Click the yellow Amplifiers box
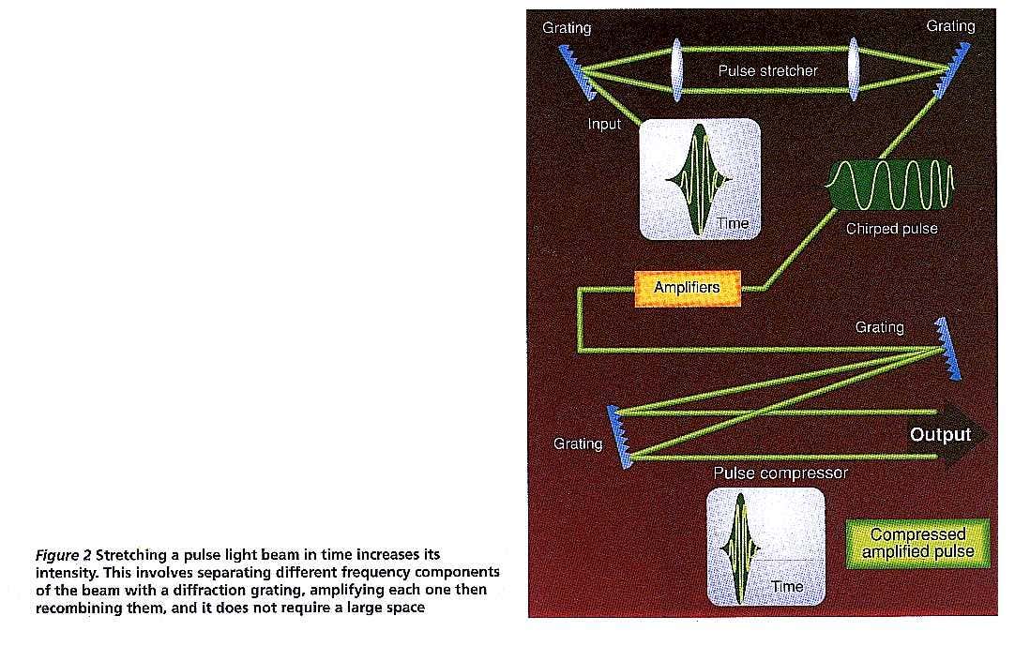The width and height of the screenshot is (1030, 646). click(687, 288)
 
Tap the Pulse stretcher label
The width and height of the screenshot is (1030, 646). click(768, 71)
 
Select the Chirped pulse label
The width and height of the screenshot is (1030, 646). click(891, 229)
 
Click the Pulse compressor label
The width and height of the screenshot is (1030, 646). click(780, 473)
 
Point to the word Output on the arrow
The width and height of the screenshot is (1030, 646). click(940, 435)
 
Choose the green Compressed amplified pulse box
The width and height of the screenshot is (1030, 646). click(917, 544)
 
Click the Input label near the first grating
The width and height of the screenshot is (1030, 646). click(604, 124)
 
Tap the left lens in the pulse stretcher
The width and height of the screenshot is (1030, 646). click(677, 69)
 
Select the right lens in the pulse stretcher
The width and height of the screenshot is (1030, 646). click(854, 69)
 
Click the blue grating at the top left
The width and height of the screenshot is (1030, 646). click(578, 72)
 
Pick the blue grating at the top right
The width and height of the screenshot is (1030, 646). click(952, 71)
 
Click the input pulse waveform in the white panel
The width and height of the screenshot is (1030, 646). click(699, 178)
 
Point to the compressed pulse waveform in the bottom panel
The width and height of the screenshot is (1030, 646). click(741, 548)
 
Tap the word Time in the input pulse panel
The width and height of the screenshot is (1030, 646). click(733, 224)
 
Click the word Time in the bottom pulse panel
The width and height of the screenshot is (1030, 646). click(787, 587)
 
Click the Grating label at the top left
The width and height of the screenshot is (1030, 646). click(567, 28)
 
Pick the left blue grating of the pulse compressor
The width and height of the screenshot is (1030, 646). click(620, 437)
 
